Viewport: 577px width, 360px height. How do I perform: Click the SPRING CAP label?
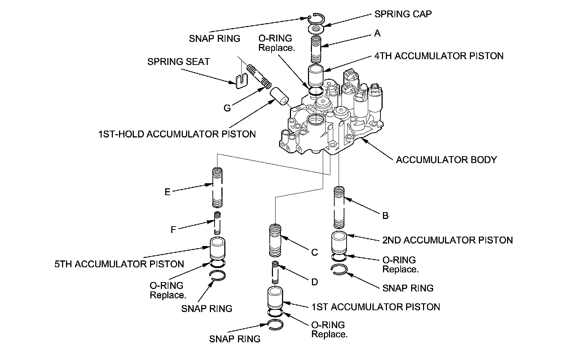point(403,14)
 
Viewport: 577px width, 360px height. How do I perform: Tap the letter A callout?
point(377,33)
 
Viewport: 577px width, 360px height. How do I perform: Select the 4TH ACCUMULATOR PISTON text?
point(439,56)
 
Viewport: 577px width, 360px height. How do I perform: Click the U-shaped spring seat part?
point(241,81)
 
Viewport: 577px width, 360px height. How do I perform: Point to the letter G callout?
point(227,108)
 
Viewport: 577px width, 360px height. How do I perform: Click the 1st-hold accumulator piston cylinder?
point(279,96)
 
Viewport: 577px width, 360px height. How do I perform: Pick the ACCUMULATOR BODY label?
point(446,160)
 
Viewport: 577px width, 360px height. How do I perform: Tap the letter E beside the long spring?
point(167,192)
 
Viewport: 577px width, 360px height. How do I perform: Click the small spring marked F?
point(217,223)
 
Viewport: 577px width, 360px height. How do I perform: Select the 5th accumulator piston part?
point(218,249)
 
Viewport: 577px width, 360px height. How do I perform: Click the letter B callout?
point(386,216)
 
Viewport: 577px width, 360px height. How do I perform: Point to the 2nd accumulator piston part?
point(339,243)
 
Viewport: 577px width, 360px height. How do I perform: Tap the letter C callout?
point(314,252)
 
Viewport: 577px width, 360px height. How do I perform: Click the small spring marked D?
point(276,272)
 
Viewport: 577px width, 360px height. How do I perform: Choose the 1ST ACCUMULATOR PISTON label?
point(376,307)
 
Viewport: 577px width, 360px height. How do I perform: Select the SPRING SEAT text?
point(179,62)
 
